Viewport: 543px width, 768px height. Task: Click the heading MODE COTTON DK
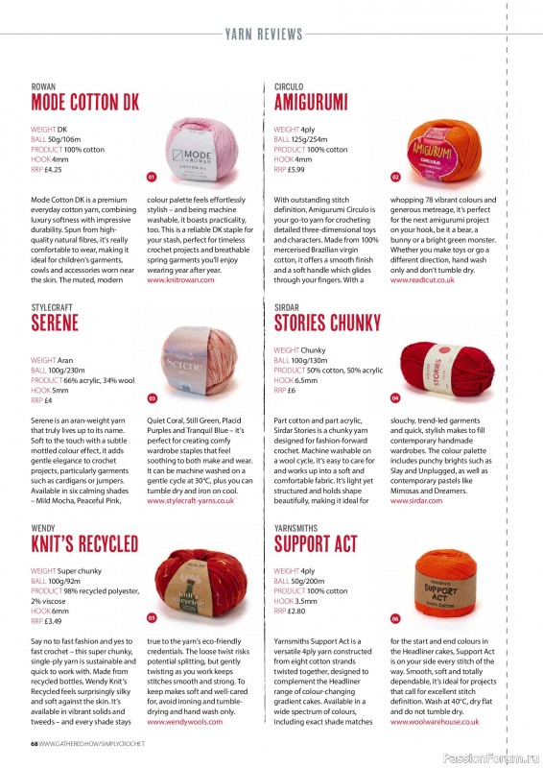84,102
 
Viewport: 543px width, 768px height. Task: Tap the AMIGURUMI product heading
310,102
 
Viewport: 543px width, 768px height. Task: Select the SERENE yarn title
55,322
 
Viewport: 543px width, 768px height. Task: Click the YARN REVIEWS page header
271,35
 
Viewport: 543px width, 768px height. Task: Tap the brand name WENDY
43,528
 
